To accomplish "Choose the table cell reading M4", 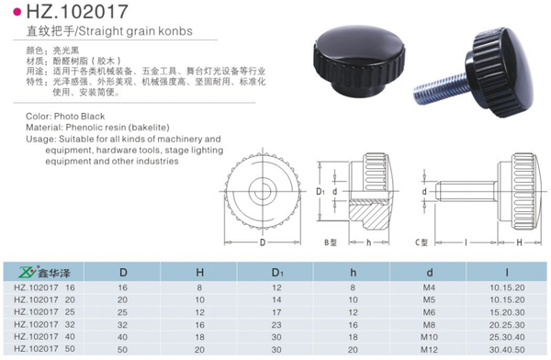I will [x=429, y=287].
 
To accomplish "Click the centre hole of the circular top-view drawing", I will [x=263, y=190].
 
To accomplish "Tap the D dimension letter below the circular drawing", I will [x=263, y=243].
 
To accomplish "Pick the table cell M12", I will [x=429, y=348].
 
